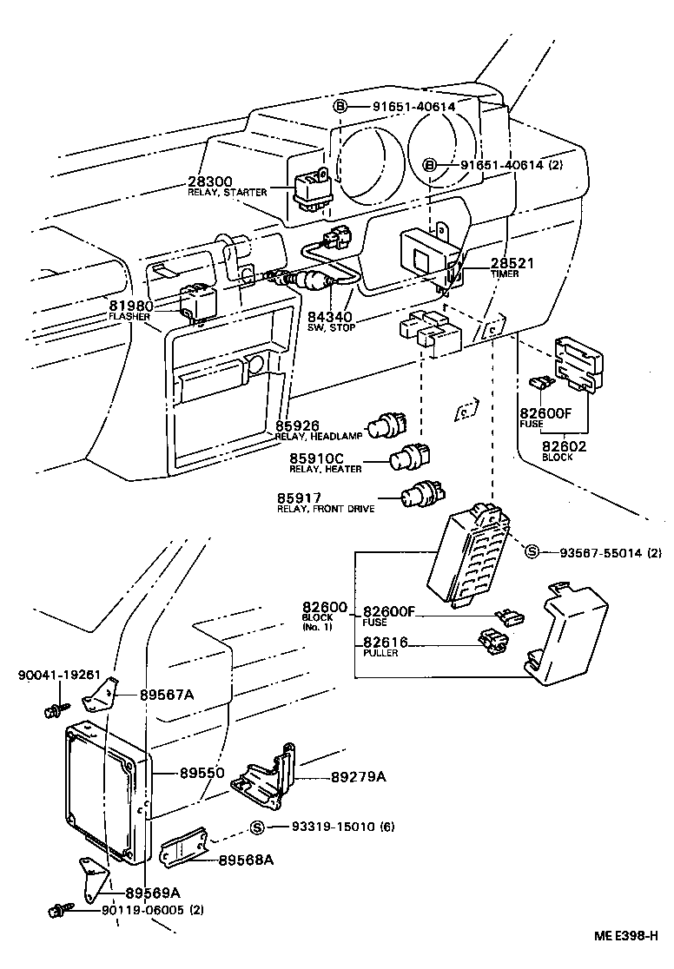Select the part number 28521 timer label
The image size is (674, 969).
point(512,263)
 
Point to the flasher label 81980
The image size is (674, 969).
point(131,306)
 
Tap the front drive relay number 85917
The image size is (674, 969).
point(300,498)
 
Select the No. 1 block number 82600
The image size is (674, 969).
point(325,607)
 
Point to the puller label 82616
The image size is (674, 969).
point(387,643)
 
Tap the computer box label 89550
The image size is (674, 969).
point(202,771)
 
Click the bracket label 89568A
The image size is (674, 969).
point(246,860)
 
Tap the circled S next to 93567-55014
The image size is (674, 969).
point(532,551)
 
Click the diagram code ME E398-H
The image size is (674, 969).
point(627,936)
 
